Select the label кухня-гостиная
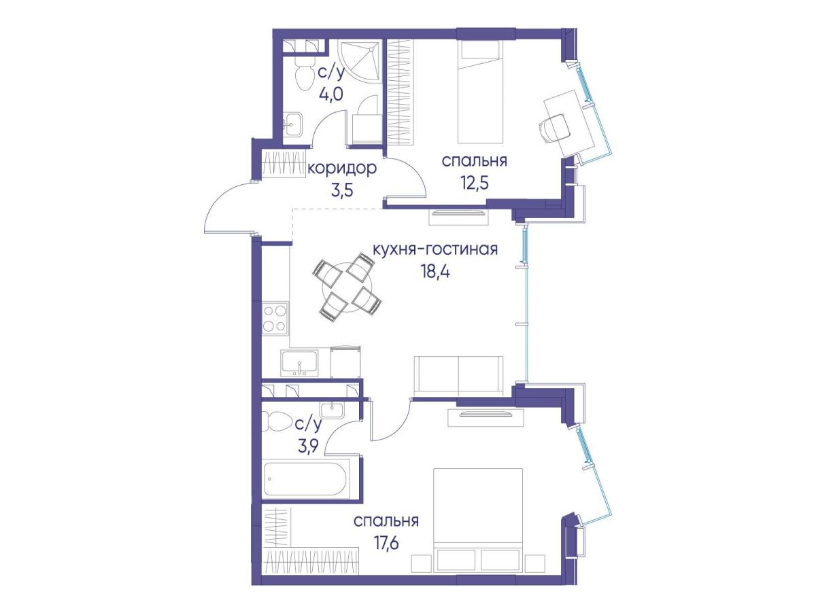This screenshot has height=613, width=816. pyautogui.click(x=435, y=249)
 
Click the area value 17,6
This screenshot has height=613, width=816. pyautogui.click(x=386, y=544)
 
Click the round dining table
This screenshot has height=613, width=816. pyautogui.click(x=347, y=285)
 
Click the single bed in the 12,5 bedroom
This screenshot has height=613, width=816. pyautogui.click(x=480, y=92)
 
